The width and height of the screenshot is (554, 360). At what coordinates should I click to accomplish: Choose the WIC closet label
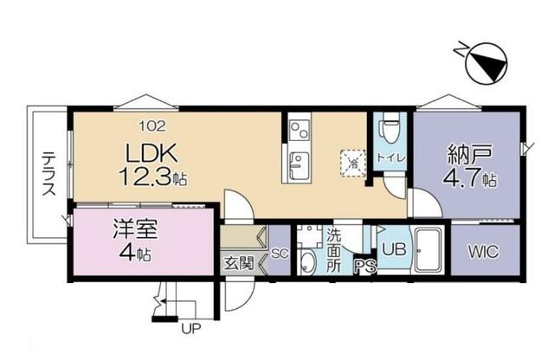[x=482, y=252]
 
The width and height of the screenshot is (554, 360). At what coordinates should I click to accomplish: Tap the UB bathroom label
[x=394, y=249]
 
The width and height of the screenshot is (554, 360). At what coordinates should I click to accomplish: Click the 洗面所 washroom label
[x=333, y=249]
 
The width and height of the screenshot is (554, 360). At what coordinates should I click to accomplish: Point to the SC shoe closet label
[x=279, y=254]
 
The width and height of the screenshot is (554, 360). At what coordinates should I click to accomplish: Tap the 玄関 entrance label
[x=237, y=261]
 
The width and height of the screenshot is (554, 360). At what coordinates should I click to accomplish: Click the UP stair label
[x=190, y=329]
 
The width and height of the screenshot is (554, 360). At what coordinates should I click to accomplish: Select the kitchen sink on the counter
[x=299, y=162]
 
